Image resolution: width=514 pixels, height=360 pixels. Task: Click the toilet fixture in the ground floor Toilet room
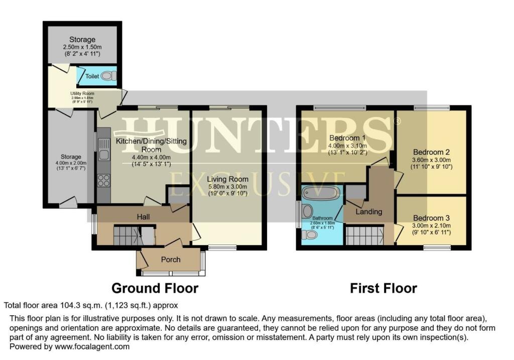coord(108,76)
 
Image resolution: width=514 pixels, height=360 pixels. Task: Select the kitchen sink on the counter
coord(104,155)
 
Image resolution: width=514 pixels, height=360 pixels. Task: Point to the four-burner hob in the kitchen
coord(104,179)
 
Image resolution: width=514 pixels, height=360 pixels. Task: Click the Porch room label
coord(171,260)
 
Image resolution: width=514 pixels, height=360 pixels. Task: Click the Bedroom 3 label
coord(432,218)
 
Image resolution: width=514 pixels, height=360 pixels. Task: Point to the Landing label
coord(369,212)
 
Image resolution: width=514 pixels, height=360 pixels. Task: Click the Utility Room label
coord(82,94)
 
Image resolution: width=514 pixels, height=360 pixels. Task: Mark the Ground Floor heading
coord(155,288)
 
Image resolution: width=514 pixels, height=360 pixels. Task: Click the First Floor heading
coord(383,288)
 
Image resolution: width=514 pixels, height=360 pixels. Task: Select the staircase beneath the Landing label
coord(364,235)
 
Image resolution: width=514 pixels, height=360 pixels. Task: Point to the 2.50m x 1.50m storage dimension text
coord(83,47)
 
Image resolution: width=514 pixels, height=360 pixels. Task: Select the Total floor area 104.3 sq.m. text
coord(90,305)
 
